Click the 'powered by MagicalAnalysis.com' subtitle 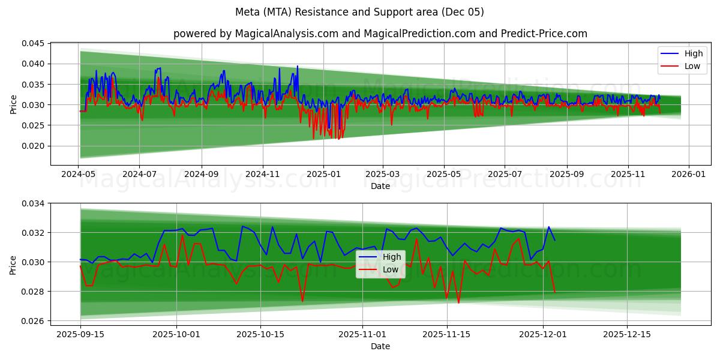pyautogui.click(x=380, y=34)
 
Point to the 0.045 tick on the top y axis pyautogui.click(x=33, y=43)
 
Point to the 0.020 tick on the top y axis pyautogui.click(x=33, y=146)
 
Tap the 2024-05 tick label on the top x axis pyautogui.click(x=79, y=174)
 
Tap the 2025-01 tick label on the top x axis pyautogui.click(x=323, y=174)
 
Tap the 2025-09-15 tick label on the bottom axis pyautogui.click(x=80, y=334)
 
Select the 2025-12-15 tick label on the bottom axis pyautogui.click(x=627, y=334)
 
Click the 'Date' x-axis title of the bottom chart pyautogui.click(x=380, y=346)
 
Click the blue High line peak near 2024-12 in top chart pyautogui.click(x=297, y=66)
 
